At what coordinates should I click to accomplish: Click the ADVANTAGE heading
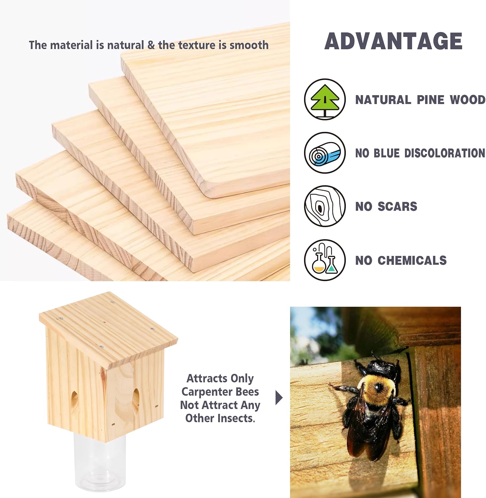pos(393,41)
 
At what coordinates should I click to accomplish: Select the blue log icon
pos(325,153)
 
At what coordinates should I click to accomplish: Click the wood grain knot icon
pos(325,206)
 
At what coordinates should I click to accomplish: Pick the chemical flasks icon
pos(325,260)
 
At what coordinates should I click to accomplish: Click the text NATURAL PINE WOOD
pos(420,100)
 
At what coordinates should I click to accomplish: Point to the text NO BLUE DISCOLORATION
pos(420,153)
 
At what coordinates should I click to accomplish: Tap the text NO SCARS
pos(386,207)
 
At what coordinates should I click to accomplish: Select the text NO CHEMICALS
pos(401,260)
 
